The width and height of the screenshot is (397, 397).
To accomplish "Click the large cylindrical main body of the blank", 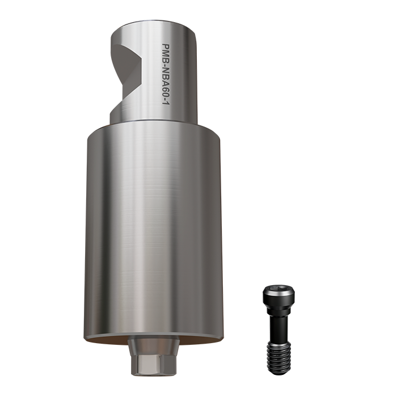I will (153, 227).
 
